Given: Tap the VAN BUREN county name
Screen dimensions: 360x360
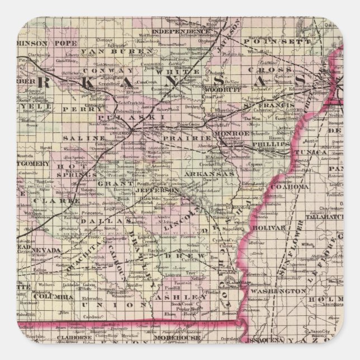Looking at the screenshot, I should (x=117, y=52).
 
